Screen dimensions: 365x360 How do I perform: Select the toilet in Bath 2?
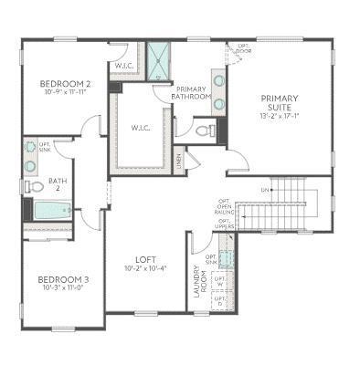point(33,186)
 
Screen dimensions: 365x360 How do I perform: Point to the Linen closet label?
point(179,161)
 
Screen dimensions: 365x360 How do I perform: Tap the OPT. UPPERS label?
point(224,224)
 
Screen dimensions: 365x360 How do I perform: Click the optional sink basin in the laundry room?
point(226,244)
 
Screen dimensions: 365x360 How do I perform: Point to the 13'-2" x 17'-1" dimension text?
point(279,117)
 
